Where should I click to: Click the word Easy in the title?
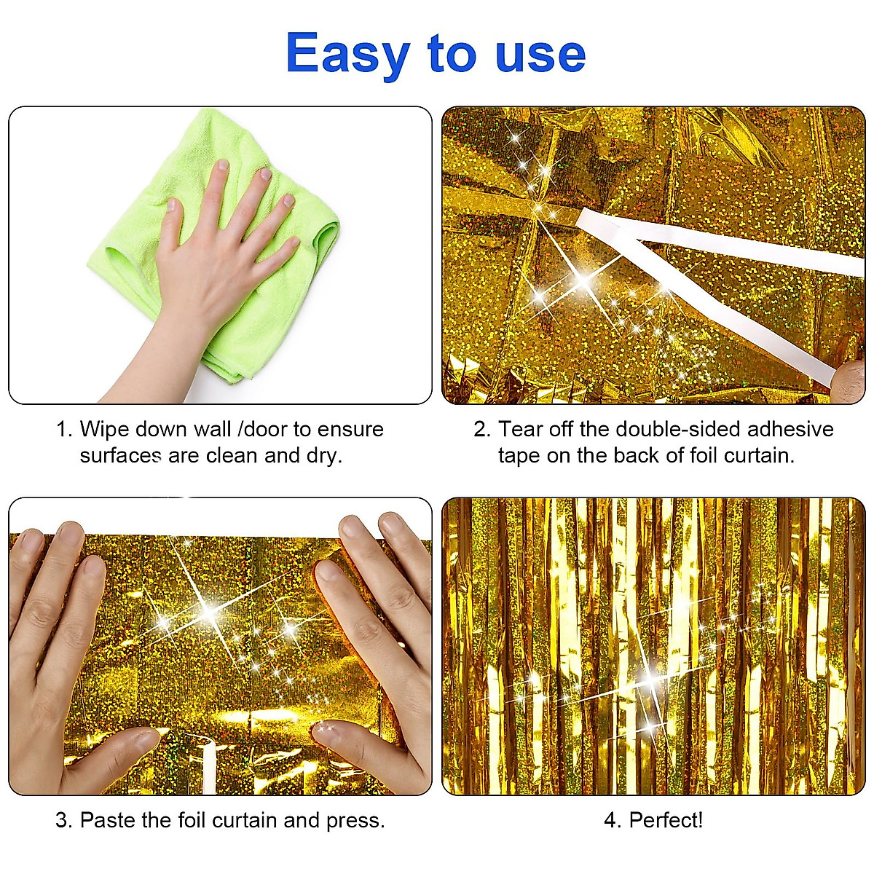(x=348, y=54)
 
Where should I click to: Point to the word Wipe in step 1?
(x=106, y=429)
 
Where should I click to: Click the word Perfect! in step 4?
(x=666, y=821)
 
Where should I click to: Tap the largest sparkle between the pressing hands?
(x=209, y=614)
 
